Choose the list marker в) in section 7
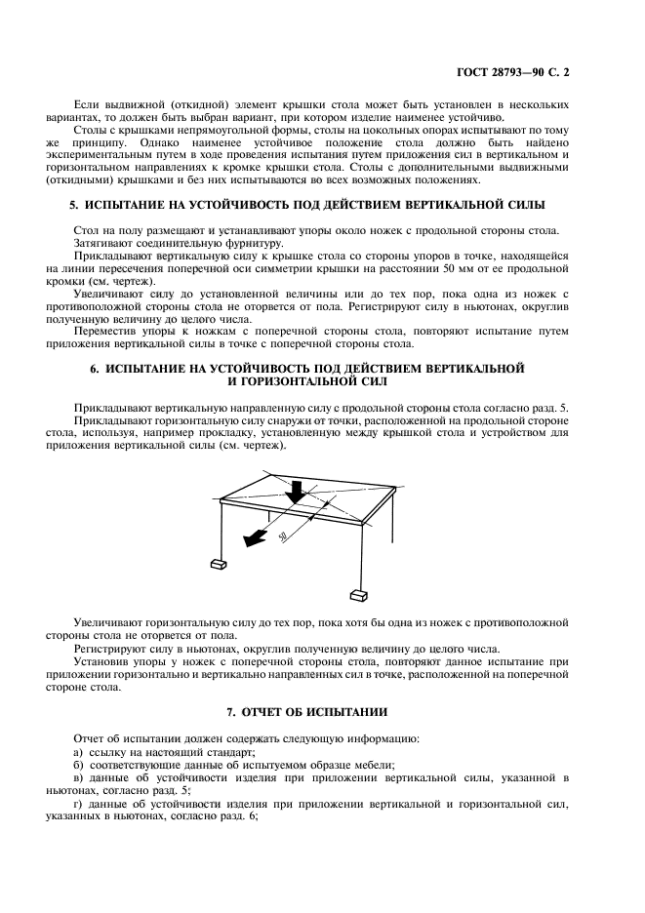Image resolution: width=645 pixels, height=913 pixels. click(79, 777)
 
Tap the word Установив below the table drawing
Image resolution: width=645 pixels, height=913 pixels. click(104, 661)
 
